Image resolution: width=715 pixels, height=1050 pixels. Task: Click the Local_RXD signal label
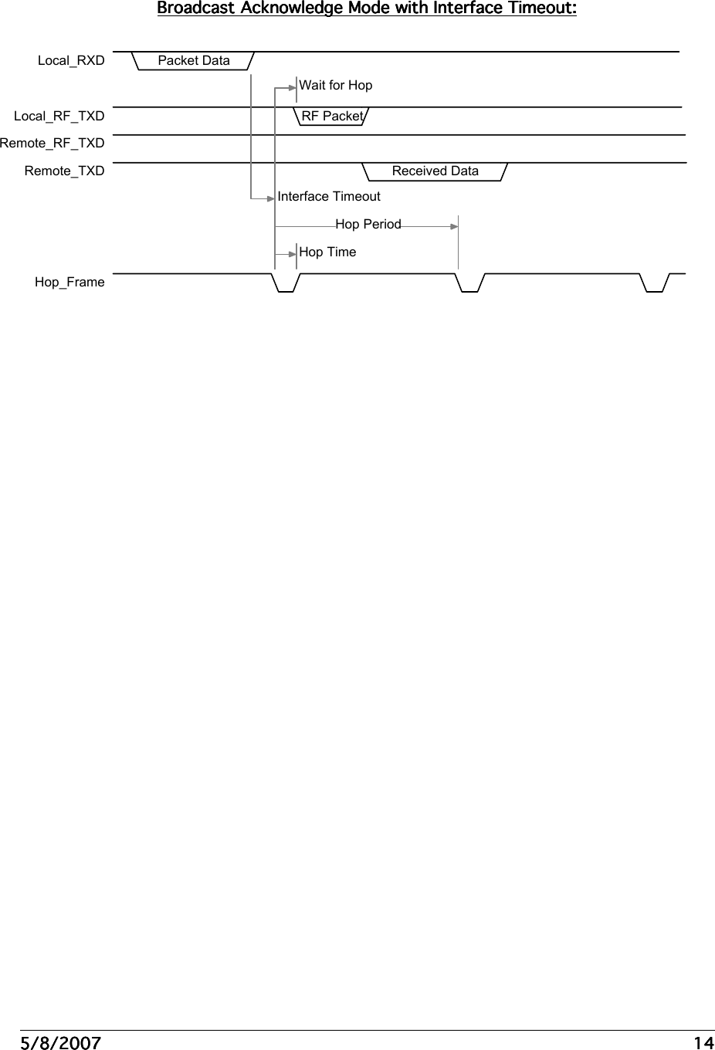[71, 61]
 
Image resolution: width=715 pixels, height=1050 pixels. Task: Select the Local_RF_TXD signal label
[59, 117]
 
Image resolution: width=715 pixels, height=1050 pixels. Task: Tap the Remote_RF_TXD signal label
[53, 144]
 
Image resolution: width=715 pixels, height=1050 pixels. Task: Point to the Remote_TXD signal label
[64, 171]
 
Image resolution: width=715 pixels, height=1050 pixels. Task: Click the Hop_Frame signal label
[69, 283]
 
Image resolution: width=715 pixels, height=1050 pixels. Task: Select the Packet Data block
[194, 60]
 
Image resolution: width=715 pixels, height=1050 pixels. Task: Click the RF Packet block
[332, 116]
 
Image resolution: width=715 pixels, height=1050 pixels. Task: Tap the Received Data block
[435, 171]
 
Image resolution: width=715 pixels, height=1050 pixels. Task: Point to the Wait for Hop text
[336, 86]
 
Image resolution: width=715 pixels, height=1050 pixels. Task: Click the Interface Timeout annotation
[329, 197]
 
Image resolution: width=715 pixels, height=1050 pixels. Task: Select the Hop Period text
[368, 225]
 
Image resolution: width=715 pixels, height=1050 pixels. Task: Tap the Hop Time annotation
[327, 252]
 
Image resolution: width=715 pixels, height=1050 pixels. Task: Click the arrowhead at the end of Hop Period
[454, 226]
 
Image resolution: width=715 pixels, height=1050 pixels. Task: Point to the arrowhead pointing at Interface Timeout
[271, 198]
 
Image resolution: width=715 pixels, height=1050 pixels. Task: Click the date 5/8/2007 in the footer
[60, 1043]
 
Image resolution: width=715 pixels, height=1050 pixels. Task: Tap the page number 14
[703, 1043]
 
